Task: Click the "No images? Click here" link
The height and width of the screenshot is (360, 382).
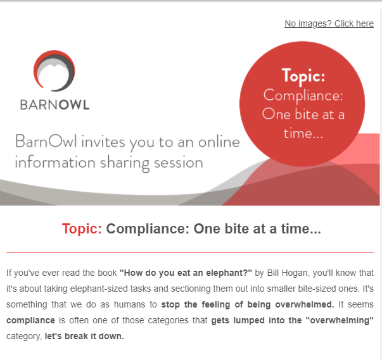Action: pos(329,23)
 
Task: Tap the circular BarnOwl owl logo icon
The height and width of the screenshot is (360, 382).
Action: pos(54,71)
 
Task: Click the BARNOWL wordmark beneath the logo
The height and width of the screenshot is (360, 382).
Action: pos(55,105)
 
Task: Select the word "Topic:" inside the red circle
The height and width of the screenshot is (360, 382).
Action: pos(303,76)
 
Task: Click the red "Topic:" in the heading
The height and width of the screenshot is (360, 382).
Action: pos(82,229)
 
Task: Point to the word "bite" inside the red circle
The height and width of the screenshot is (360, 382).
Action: pos(307,114)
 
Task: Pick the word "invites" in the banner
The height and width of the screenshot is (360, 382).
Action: pos(103,142)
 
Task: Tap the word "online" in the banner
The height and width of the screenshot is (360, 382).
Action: pos(219,142)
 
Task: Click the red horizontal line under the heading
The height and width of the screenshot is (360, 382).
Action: pos(190,252)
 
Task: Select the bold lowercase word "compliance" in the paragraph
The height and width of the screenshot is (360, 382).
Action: pos(30,320)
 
